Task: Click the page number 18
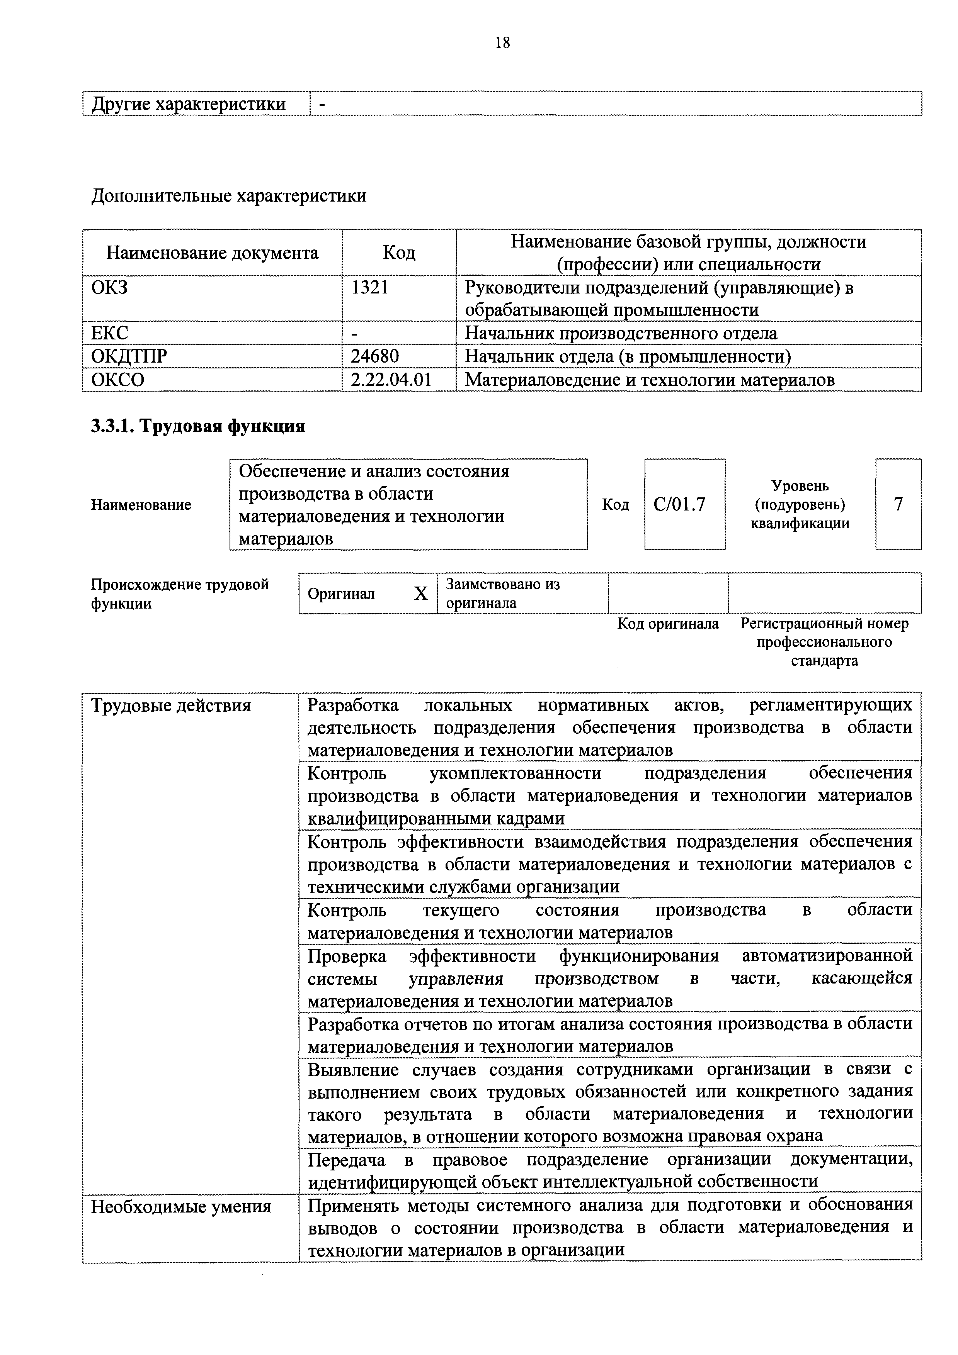(x=503, y=42)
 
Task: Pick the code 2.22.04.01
(x=391, y=380)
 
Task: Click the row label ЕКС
(x=109, y=333)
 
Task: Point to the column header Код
(x=399, y=253)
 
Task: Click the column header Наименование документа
(x=212, y=253)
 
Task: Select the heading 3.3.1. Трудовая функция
(x=198, y=426)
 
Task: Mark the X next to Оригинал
(x=420, y=594)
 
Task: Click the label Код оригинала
(x=668, y=624)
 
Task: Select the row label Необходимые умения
(x=181, y=1207)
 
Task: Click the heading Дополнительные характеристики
(x=228, y=195)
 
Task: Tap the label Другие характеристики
(x=189, y=104)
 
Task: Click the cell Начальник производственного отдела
(x=621, y=333)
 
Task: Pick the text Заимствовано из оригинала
(x=503, y=593)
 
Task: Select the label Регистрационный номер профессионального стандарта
(x=825, y=641)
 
